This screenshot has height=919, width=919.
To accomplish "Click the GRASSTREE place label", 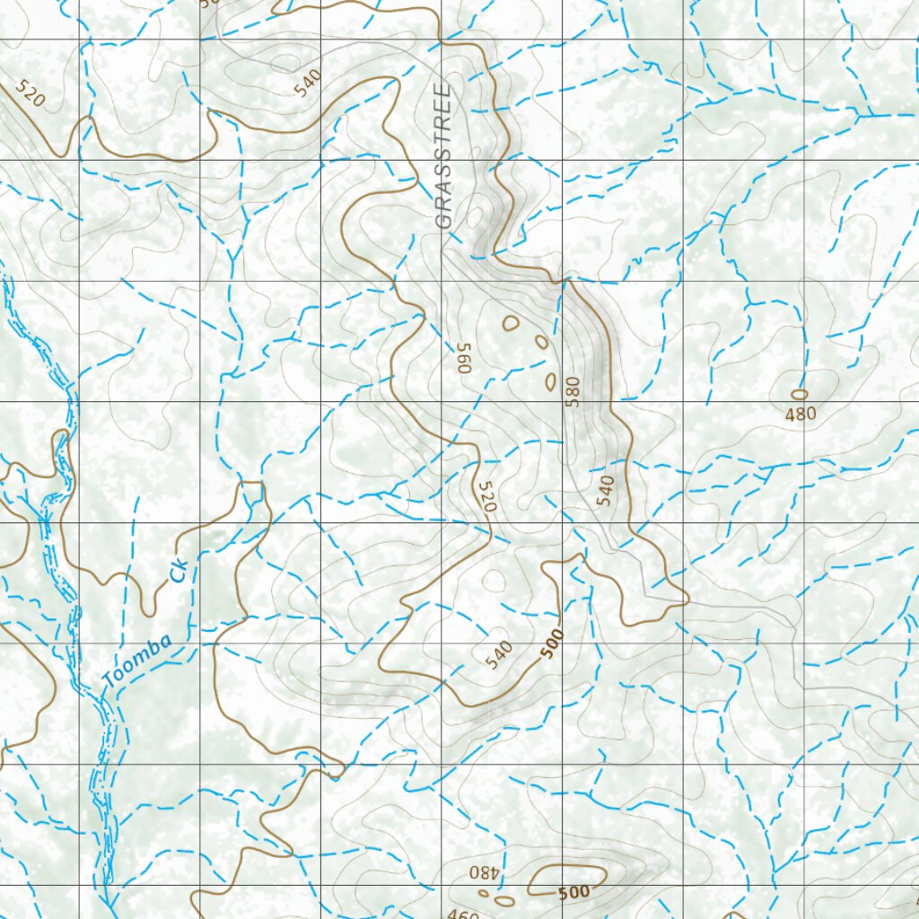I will (x=442, y=158).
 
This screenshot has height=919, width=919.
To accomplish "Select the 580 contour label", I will (x=573, y=391).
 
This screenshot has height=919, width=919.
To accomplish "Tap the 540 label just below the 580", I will (x=606, y=490).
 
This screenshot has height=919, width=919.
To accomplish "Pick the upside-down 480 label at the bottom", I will (x=482, y=872).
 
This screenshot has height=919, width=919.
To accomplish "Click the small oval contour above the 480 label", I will (x=799, y=394).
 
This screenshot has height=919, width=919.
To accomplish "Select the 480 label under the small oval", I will (x=800, y=415).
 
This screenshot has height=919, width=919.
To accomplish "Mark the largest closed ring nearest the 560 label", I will (x=511, y=323).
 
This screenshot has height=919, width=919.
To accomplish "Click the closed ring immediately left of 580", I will (x=549, y=381).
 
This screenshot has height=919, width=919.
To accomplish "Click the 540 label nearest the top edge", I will (x=307, y=83).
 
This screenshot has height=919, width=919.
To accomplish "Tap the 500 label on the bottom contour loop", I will (x=573, y=892).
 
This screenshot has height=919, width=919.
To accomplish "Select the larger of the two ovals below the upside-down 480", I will (x=504, y=900).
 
